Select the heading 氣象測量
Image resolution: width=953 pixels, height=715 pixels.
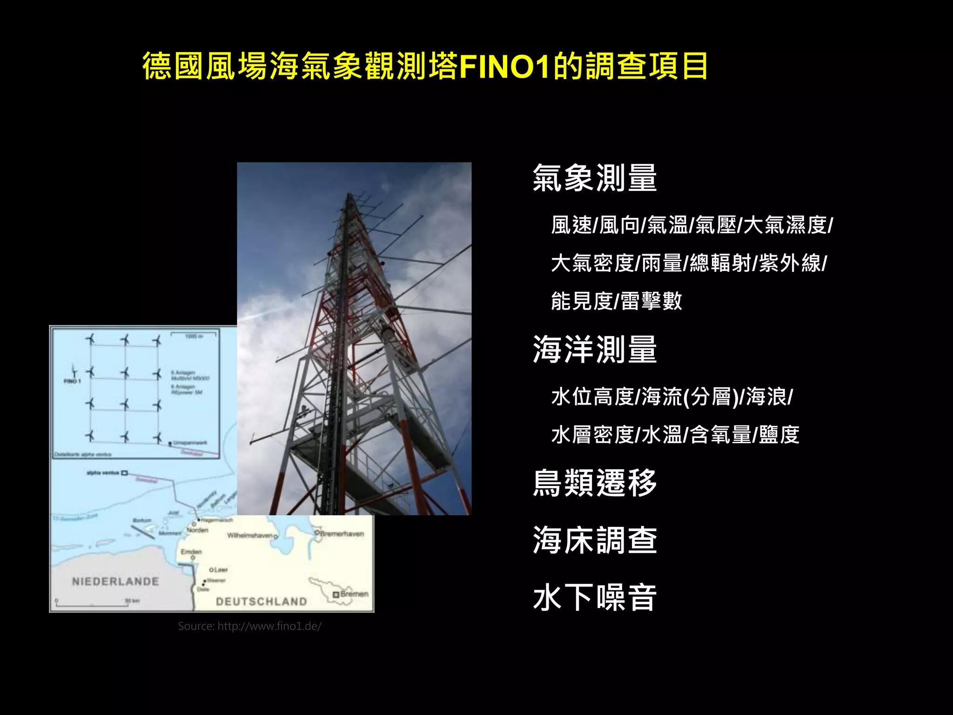pyautogui.click(x=595, y=178)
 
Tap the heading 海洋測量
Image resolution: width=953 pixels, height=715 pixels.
pyautogui.click(x=595, y=350)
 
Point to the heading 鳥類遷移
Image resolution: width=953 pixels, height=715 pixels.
pyautogui.click(x=595, y=483)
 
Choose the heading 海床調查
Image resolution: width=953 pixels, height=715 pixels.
pyautogui.click(x=595, y=540)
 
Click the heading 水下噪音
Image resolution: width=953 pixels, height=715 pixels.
pyautogui.click(x=595, y=598)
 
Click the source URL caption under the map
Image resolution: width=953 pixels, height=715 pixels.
pyautogui.click(x=249, y=626)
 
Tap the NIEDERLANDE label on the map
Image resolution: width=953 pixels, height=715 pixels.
pyautogui.click(x=115, y=581)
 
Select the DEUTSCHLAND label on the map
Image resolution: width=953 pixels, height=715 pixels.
pyautogui.click(x=261, y=601)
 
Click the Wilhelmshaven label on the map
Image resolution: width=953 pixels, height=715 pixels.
pyautogui.click(x=249, y=535)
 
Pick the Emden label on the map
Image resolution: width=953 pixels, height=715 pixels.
pyautogui.click(x=191, y=552)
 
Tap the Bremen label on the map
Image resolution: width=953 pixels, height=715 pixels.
pyautogui.click(x=354, y=594)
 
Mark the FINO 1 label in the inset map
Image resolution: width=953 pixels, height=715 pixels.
pyautogui.click(x=72, y=381)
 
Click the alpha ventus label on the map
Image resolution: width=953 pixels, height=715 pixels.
pyautogui.click(x=103, y=473)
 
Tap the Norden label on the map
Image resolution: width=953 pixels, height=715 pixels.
pyautogui.click(x=198, y=530)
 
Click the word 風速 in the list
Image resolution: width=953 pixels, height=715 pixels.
pyautogui.click(x=571, y=225)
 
